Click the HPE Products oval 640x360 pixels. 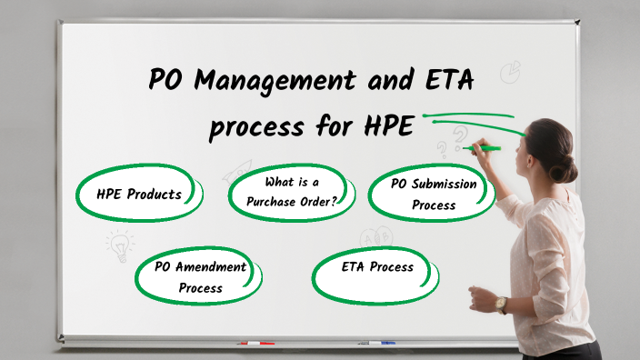tap(139, 194)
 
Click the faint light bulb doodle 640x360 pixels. tap(118, 244)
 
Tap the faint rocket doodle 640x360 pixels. tap(239, 169)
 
